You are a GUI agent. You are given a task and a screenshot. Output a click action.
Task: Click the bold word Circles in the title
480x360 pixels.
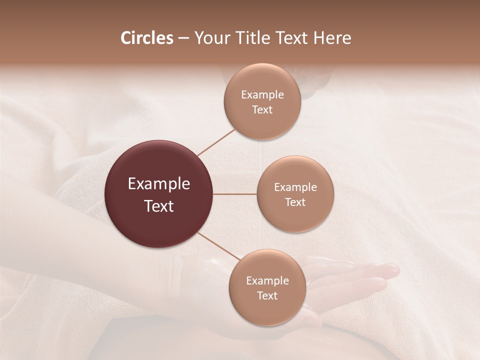click(146, 38)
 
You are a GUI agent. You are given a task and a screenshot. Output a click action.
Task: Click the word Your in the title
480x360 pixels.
click(212, 38)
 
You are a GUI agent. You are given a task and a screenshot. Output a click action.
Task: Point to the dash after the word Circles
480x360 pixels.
click(183, 39)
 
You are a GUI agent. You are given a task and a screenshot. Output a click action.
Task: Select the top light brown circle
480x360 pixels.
click(262, 101)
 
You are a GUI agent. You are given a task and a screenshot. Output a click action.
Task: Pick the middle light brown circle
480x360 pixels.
click(295, 194)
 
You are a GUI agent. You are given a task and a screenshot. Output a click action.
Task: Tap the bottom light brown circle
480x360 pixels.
click(267, 288)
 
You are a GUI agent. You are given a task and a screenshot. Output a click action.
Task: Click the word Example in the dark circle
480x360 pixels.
click(159, 184)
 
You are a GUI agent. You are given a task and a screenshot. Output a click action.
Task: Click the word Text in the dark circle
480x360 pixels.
click(159, 205)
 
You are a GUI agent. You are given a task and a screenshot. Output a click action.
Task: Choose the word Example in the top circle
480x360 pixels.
click(262, 94)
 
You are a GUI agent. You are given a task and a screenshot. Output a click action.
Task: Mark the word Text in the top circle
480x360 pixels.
click(262, 109)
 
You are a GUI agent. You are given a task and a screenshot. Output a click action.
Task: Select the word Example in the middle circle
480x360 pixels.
click(295, 187)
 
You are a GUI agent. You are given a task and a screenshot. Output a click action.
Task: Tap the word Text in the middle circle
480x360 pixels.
click(295, 202)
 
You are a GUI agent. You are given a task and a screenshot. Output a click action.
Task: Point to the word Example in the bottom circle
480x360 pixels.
click(267, 280)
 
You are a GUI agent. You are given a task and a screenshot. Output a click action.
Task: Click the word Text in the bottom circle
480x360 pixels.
click(267, 295)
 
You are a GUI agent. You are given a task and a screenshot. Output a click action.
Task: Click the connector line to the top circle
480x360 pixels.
click(216, 142)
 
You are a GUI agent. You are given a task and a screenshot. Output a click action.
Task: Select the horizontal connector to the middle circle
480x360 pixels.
click(235, 194)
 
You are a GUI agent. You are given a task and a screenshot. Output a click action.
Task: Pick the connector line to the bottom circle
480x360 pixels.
click(218, 246)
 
